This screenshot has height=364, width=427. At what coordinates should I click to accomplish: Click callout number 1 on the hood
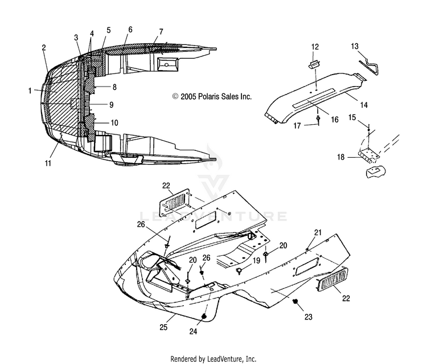click(30, 91)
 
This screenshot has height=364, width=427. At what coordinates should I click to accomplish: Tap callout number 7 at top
click(161, 31)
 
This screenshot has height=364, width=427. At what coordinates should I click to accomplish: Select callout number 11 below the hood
click(48, 163)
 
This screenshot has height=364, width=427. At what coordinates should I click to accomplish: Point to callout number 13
click(355, 46)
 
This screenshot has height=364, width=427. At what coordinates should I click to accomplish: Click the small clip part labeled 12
click(314, 65)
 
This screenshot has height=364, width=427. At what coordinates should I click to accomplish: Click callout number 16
click(335, 119)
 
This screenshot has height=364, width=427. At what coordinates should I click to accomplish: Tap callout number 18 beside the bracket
click(340, 157)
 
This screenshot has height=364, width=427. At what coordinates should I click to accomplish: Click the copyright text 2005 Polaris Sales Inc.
click(212, 96)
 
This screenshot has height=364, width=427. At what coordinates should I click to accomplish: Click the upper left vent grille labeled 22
click(174, 203)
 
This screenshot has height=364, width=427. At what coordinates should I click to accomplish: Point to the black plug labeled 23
click(295, 301)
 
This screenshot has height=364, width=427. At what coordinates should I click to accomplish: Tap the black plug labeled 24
click(203, 316)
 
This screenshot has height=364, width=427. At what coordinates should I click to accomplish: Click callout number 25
click(163, 326)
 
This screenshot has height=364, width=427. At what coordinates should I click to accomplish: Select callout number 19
click(257, 261)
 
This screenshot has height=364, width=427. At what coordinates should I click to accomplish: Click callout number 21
click(318, 232)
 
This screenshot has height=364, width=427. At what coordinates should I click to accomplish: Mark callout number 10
click(114, 123)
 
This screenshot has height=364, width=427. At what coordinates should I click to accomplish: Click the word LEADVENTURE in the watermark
click(213, 216)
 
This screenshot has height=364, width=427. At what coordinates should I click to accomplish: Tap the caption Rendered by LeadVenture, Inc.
click(213, 358)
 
